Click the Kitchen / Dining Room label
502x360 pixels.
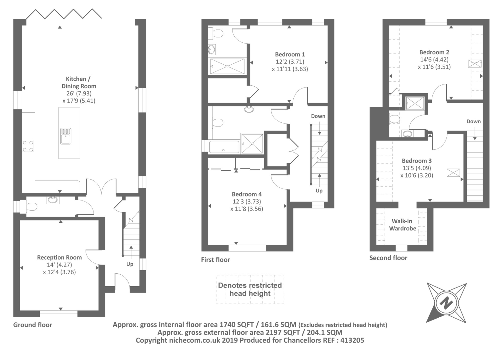tap(79, 83)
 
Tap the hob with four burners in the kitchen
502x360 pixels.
tap(28, 146)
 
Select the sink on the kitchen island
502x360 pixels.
tap(66, 136)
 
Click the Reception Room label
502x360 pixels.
tap(59, 257)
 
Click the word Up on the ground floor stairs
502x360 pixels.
tap(130, 264)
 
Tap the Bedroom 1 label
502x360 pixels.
tap(290, 55)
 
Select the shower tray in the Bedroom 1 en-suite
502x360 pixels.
tap(227, 66)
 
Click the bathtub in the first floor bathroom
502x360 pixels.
tap(224, 147)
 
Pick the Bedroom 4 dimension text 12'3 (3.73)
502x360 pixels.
tap(247, 201)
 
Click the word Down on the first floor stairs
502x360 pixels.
tap(318, 116)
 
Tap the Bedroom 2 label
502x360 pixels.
tap(434, 52)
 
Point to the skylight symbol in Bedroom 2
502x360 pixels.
tap(475, 63)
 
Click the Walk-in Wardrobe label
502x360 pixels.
tap(403, 225)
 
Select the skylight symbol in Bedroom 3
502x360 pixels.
tap(453, 173)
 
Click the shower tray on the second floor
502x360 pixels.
tap(415, 103)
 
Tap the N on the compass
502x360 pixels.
tap(446, 304)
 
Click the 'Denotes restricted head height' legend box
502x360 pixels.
tap(250, 289)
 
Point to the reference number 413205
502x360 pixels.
tap(352, 340)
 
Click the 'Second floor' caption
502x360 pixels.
tap(388, 258)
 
